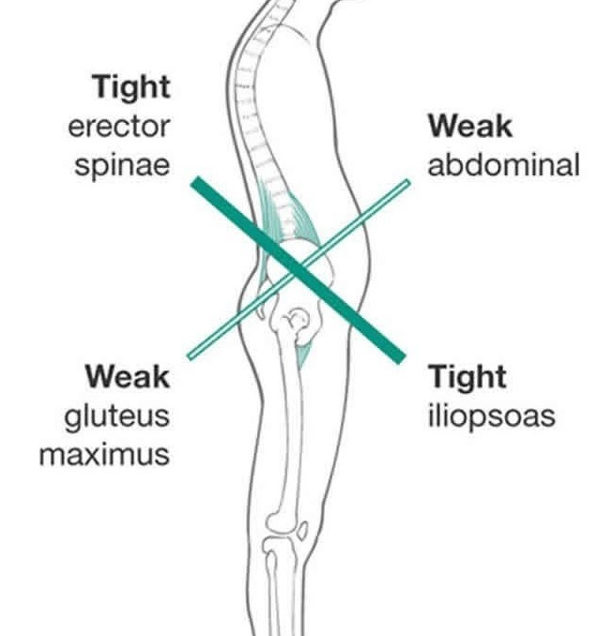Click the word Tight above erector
click(131, 87)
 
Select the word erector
click(119, 127)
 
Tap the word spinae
click(123, 166)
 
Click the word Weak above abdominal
click(469, 126)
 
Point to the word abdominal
click(503, 165)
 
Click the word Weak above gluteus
click(128, 376)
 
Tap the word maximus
click(104, 455)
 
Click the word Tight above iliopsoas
click(467, 376)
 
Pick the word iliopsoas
click(491, 416)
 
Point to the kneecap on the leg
click(301, 532)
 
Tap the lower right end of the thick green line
click(401, 357)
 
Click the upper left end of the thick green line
click(195, 181)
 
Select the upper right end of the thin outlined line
click(407, 182)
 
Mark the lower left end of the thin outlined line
click(191, 356)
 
